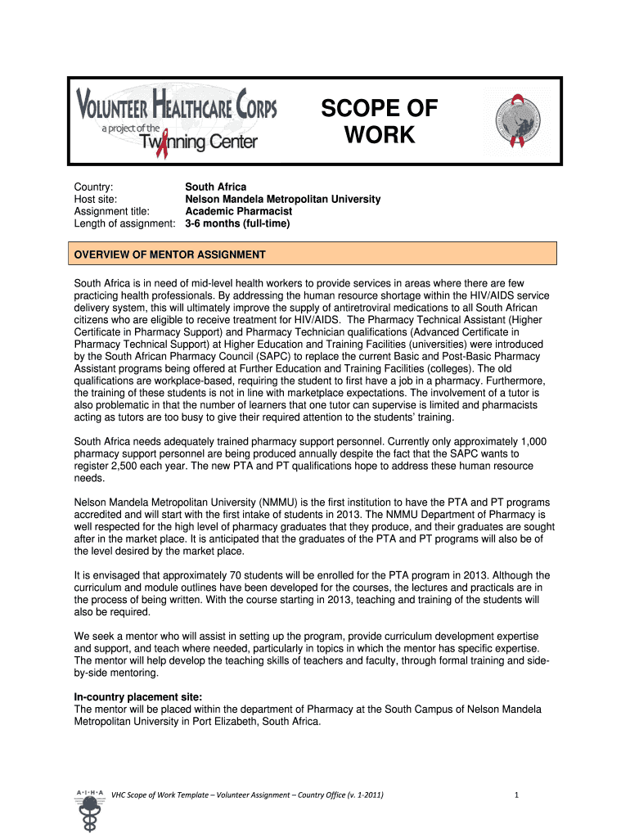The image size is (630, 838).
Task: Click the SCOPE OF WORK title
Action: (x=379, y=121)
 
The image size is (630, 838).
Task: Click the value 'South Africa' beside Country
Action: (x=215, y=187)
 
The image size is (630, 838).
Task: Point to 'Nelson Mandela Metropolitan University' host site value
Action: (x=282, y=199)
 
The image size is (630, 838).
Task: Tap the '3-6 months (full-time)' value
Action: (x=237, y=223)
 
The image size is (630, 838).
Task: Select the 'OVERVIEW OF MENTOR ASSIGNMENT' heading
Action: (x=170, y=255)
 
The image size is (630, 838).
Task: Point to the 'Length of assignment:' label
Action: (x=125, y=223)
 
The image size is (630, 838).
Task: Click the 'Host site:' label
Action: (x=96, y=199)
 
